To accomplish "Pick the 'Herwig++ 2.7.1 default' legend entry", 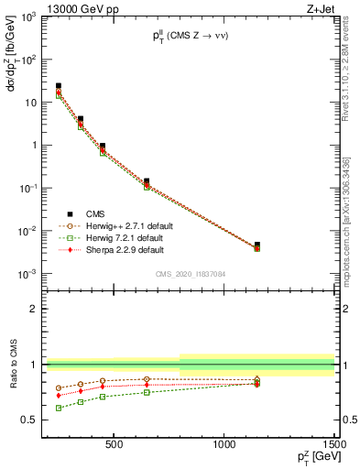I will click(124, 225).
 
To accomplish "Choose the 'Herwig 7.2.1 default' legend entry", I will click(120, 237).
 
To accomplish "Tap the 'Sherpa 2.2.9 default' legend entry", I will click(120, 249).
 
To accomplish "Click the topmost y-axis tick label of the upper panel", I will click(29, 17).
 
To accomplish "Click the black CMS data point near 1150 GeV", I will click(257, 245).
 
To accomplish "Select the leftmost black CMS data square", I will click(59, 86).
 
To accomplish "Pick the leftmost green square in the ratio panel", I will click(59, 408).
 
